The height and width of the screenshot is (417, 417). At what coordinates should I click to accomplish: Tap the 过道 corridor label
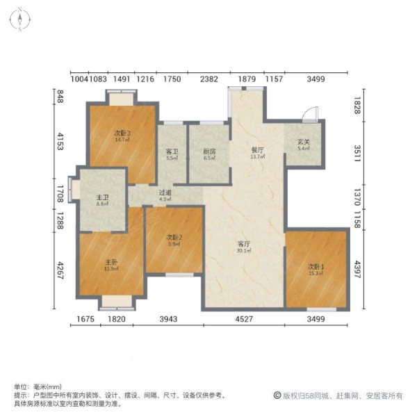(165, 193)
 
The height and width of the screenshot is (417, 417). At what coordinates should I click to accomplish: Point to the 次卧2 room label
(174, 237)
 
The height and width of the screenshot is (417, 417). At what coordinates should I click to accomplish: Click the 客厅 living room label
(243, 243)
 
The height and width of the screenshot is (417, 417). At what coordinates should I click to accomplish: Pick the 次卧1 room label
(316, 265)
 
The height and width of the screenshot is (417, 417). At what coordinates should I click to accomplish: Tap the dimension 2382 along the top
(209, 79)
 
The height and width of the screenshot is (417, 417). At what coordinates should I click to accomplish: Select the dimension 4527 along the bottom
(243, 319)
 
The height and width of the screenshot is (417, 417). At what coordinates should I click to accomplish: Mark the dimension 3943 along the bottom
(172, 319)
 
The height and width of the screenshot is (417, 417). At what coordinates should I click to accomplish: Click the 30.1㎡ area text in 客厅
(243, 252)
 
